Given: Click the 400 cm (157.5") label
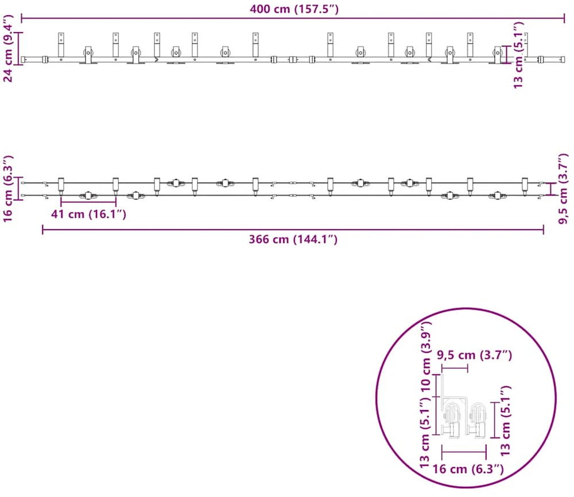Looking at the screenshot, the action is (294, 9).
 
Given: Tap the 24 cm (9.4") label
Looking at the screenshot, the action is (7, 48).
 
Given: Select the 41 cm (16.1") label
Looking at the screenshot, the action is (88, 214).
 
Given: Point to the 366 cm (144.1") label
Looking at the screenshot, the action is (293, 239).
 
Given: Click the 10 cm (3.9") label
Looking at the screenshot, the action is (426, 357).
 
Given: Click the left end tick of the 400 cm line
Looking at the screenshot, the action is (22, 18).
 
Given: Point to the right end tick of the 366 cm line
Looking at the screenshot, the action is (543, 230).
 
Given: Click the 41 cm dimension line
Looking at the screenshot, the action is (88, 202).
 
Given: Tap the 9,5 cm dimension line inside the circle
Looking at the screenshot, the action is (455, 368).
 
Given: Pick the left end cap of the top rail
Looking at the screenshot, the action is (24, 59).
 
